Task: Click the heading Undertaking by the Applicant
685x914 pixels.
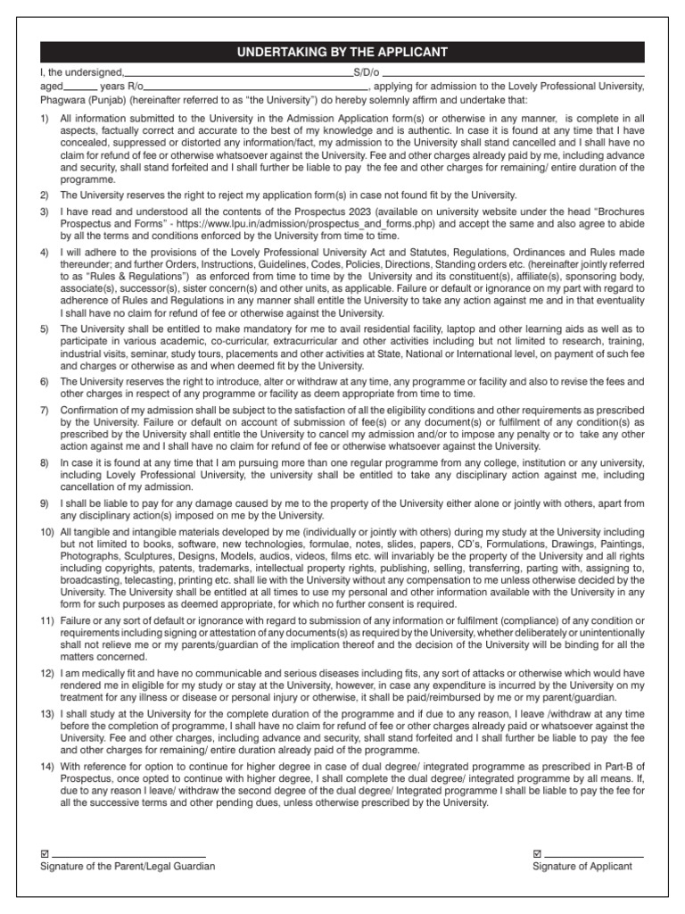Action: [x=342, y=53]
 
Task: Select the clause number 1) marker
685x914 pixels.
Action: [x=45, y=118]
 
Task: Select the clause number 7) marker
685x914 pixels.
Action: [x=45, y=410]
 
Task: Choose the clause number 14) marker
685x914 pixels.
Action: [x=48, y=767]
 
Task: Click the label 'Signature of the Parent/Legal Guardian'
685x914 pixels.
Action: [x=128, y=866]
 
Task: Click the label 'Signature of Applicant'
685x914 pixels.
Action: [x=582, y=866]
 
